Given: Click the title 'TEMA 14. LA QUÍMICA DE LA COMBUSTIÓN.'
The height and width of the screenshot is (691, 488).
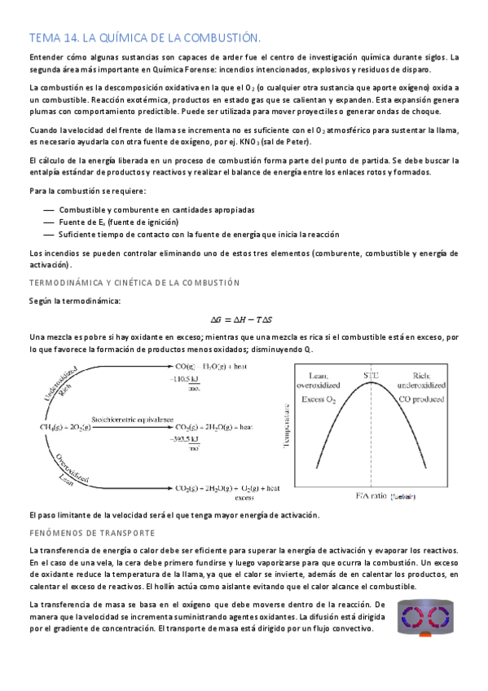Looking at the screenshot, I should point(144,37).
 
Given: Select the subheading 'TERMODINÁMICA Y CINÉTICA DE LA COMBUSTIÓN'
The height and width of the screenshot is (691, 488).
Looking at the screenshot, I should point(134,282).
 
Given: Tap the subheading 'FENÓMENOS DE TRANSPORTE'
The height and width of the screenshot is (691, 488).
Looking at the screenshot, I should point(91,532).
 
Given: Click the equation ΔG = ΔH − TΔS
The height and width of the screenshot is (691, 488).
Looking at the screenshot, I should point(244,319).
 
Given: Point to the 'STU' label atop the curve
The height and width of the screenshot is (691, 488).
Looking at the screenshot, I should point(371,375).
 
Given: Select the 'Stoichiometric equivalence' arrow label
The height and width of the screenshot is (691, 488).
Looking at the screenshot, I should point(133,416).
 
